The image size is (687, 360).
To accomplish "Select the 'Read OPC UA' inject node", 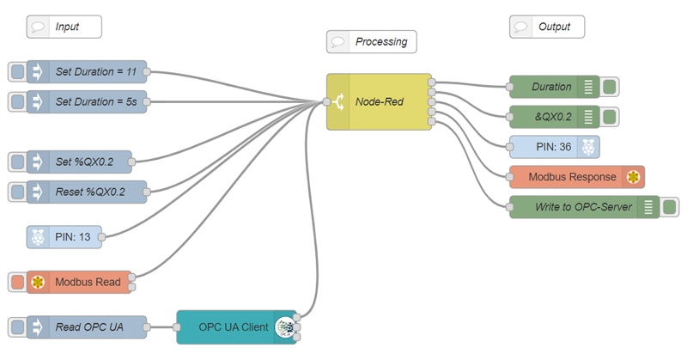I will (87, 326).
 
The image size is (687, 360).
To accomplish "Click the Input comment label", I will (64, 27).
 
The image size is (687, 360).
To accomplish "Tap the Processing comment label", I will (370, 41).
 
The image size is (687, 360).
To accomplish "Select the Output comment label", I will (547, 27).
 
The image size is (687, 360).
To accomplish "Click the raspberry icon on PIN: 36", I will (588, 147).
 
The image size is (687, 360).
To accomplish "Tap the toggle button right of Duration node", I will (611, 87).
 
